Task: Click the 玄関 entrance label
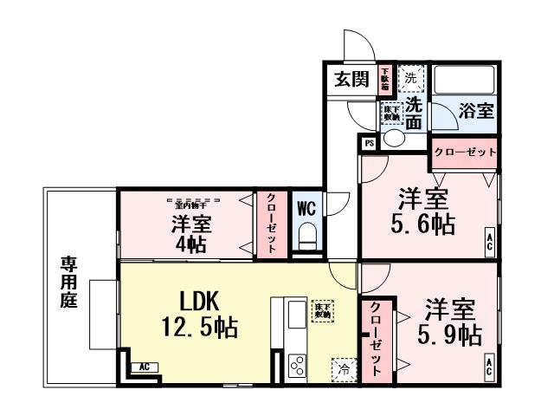(x=351, y=81)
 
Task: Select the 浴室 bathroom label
(x=476, y=111)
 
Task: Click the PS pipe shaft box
(x=369, y=143)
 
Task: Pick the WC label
(x=306, y=208)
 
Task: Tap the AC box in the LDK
(x=144, y=367)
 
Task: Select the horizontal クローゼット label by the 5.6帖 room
(x=465, y=152)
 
